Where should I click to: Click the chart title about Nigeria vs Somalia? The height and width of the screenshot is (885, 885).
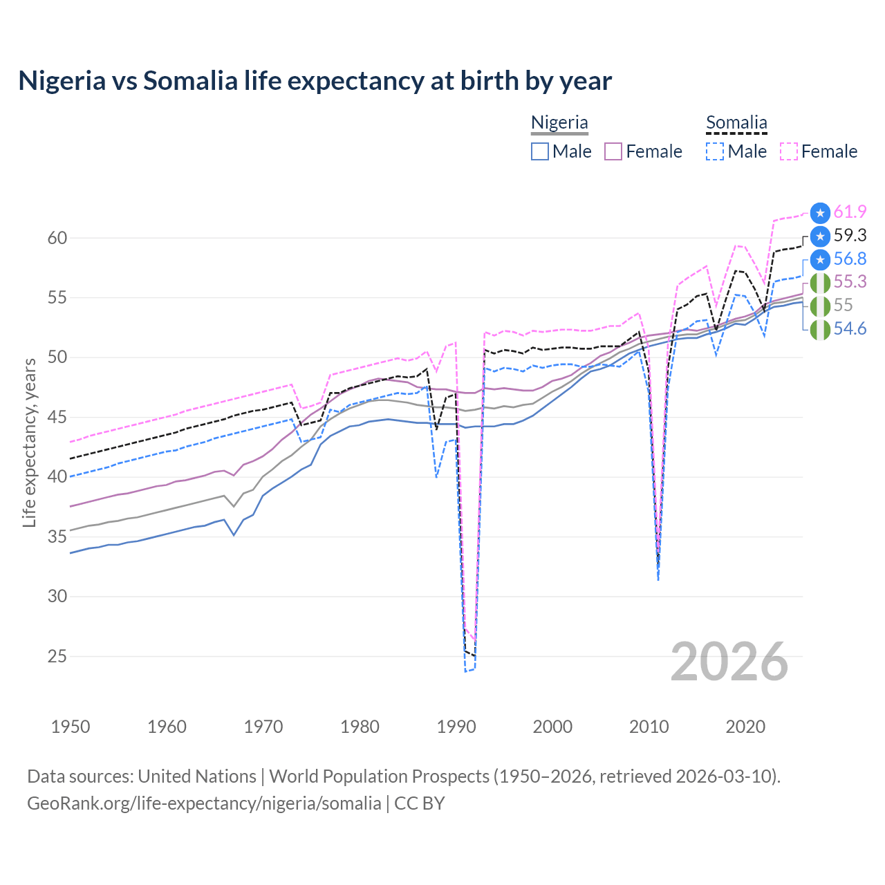click(315, 81)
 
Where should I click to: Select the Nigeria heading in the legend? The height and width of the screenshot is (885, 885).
click(559, 122)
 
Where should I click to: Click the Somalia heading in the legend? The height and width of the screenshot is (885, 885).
click(736, 122)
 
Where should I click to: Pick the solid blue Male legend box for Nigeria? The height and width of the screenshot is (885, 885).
click(540, 151)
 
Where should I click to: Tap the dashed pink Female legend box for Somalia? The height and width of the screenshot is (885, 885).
click(789, 151)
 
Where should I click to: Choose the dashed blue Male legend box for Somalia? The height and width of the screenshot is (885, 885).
click(715, 151)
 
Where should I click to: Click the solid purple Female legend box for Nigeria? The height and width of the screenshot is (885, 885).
click(613, 151)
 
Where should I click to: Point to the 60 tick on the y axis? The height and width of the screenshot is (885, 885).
click(57, 238)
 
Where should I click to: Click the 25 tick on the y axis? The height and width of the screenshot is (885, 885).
click(57, 656)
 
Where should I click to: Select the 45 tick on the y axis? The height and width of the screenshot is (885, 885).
click(57, 418)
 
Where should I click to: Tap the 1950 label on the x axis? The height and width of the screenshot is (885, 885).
click(71, 727)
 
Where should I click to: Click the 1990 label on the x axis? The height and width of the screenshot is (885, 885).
click(456, 727)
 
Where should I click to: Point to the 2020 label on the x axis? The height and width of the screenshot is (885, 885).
click(745, 727)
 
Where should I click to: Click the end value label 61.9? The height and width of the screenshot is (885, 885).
click(850, 212)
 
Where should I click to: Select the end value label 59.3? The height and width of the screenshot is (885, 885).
click(850, 236)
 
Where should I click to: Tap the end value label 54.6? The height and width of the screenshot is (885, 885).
click(850, 329)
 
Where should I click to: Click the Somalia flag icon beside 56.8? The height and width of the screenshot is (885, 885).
click(820, 259)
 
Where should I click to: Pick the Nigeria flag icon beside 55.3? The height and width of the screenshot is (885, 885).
click(820, 283)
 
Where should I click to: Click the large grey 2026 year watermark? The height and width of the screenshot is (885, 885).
click(729, 662)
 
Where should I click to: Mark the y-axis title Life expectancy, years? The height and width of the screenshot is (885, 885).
click(29, 442)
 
